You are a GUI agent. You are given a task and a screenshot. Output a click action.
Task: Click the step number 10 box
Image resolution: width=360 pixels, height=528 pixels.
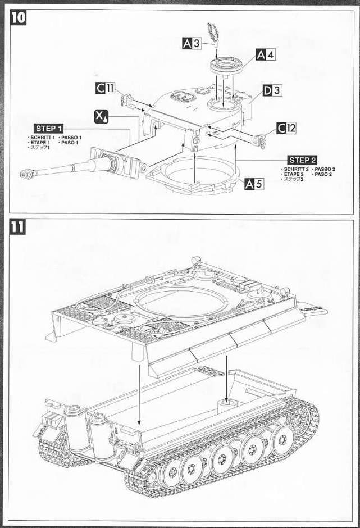[x=18, y=17]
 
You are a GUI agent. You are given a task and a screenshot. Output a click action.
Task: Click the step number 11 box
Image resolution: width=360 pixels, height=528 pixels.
[x=18, y=228]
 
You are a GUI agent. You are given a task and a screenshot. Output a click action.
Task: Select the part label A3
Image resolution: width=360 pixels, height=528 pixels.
[x=192, y=43]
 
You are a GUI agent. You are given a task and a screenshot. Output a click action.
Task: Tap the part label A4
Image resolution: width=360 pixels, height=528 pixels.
[x=266, y=54]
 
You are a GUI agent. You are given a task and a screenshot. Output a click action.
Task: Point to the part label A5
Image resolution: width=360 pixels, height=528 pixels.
[x=254, y=184]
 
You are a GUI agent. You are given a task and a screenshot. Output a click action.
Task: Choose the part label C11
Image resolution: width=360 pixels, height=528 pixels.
[x=105, y=88]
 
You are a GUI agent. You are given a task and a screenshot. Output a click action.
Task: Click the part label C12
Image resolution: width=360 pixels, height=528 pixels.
[x=286, y=128]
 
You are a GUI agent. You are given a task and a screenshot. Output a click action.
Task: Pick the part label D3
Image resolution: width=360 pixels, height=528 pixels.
[x=272, y=90]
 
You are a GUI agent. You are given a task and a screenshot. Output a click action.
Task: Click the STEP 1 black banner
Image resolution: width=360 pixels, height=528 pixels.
[x=48, y=129]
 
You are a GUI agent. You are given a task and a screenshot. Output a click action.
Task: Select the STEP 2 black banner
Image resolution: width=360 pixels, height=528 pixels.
[x=302, y=160]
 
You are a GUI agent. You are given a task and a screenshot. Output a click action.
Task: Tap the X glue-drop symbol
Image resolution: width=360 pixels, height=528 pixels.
[x=102, y=117]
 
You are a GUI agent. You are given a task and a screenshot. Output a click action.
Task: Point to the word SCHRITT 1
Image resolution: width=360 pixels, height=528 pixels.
[x=43, y=137]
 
